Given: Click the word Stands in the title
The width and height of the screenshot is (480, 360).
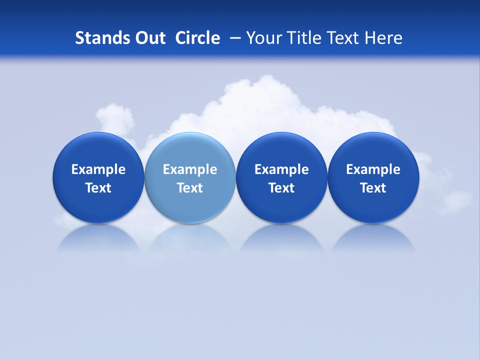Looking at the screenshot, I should tap(100, 38).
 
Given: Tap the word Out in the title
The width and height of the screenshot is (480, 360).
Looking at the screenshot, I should tap(149, 38).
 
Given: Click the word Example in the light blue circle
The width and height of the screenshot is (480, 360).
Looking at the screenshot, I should tap(190, 169).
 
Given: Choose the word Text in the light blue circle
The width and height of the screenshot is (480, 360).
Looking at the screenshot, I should tap(190, 188).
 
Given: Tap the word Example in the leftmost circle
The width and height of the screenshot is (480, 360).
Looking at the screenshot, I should tap(98, 169).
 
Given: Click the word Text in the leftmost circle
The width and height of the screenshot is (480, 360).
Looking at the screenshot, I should tap(98, 188).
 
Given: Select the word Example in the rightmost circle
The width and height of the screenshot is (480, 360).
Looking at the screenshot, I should tap(373, 169).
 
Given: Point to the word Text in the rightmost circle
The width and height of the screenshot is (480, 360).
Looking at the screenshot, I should tap(373, 188).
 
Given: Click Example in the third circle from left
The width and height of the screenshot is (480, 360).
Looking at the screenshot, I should tap(281, 169).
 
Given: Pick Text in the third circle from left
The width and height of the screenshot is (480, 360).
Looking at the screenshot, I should tap(281, 188).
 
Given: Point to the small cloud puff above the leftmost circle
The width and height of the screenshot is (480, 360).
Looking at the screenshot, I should tap(116, 117).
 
